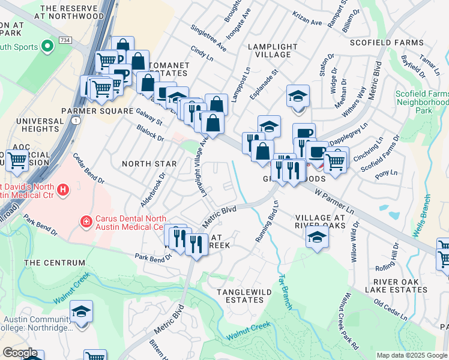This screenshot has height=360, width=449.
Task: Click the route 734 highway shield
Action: (65, 40)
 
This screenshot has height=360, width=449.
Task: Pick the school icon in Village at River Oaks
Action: (316, 238)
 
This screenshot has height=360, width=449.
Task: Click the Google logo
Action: (20, 353)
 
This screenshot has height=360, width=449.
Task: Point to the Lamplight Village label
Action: (273, 50)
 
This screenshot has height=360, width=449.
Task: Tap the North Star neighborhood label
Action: (149, 163)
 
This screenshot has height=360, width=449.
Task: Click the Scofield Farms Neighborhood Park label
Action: (421, 103)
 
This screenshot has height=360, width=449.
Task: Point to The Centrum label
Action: (55, 263)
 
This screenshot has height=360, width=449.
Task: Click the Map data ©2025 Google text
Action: (411, 355)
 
